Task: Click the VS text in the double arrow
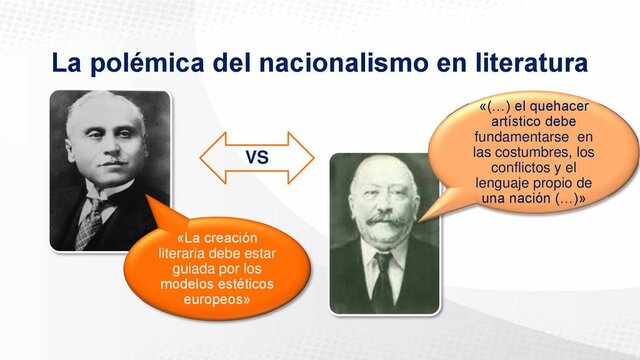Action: tap(257, 158)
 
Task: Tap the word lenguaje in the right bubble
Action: tap(508, 183)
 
